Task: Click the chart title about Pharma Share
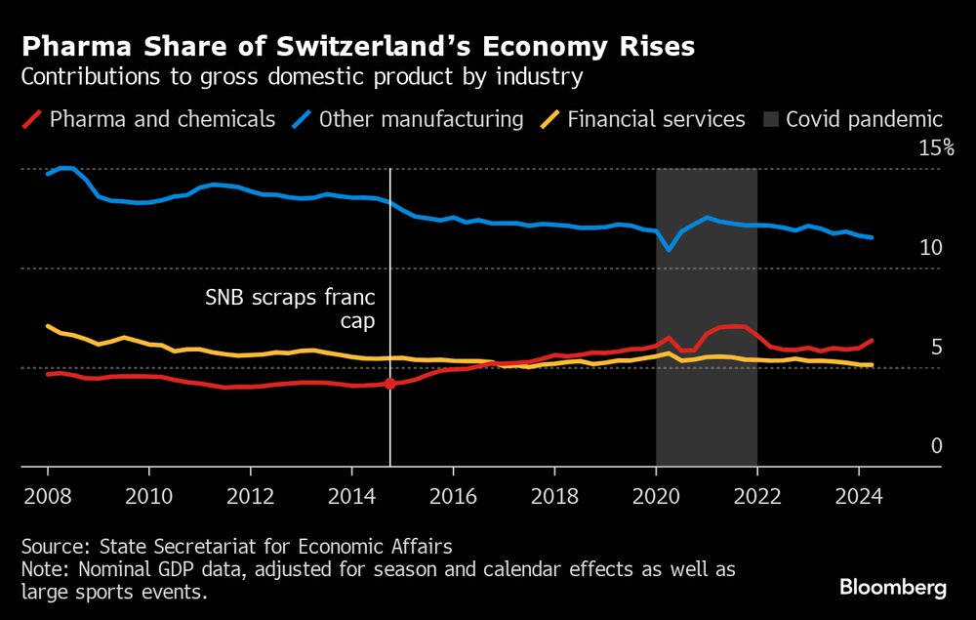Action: [358, 46]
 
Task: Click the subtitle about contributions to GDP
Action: [304, 76]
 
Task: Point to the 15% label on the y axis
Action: [935, 148]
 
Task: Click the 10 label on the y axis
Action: [931, 248]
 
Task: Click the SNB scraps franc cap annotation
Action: [290, 308]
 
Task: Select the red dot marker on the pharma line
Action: [390, 384]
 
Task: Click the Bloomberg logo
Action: [893, 588]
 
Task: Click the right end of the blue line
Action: [871, 237]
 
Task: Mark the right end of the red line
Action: [872, 341]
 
